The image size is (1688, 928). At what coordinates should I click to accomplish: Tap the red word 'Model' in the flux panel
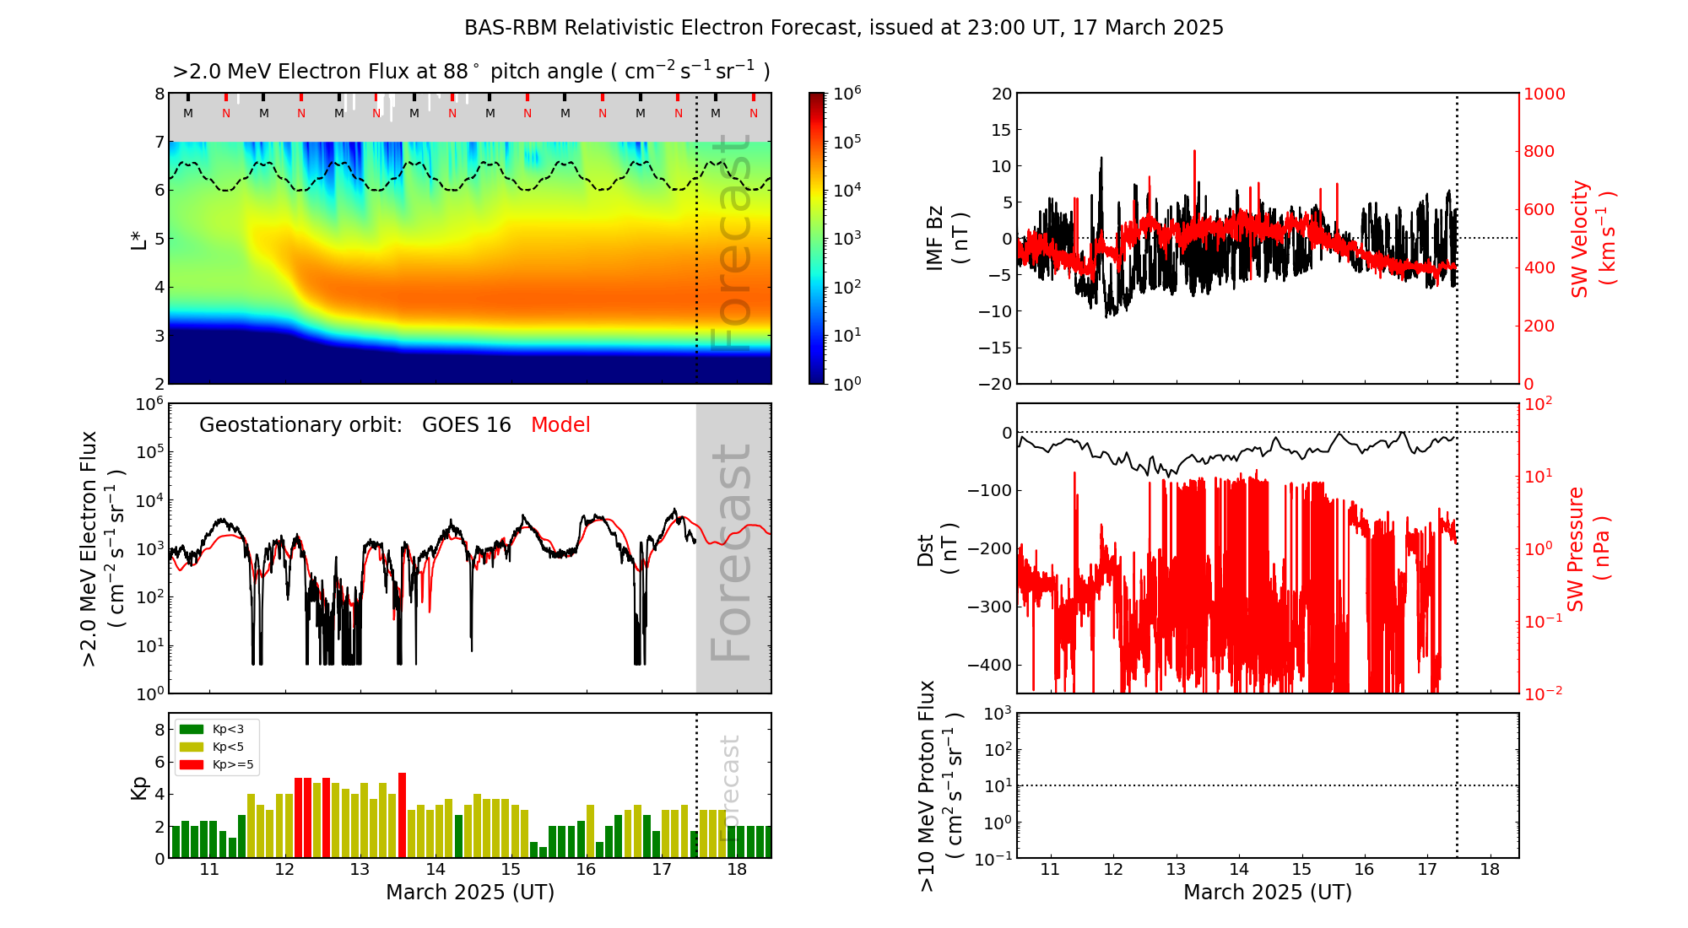(560, 425)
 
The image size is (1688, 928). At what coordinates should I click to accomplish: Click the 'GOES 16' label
(467, 425)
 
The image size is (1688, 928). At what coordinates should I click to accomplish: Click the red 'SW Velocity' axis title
(1580, 238)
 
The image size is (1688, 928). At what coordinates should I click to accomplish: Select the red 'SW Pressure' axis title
(1576, 548)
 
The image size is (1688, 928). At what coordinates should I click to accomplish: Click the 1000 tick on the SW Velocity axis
(1544, 94)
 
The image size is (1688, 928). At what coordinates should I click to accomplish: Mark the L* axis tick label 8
(159, 94)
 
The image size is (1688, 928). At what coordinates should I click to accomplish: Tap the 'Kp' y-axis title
(139, 787)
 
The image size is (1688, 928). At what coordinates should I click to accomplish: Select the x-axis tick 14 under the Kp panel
(436, 870)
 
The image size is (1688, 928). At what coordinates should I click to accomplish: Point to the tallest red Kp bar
(403, 815)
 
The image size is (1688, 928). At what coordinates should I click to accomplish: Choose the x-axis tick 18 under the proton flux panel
(1490, 870)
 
